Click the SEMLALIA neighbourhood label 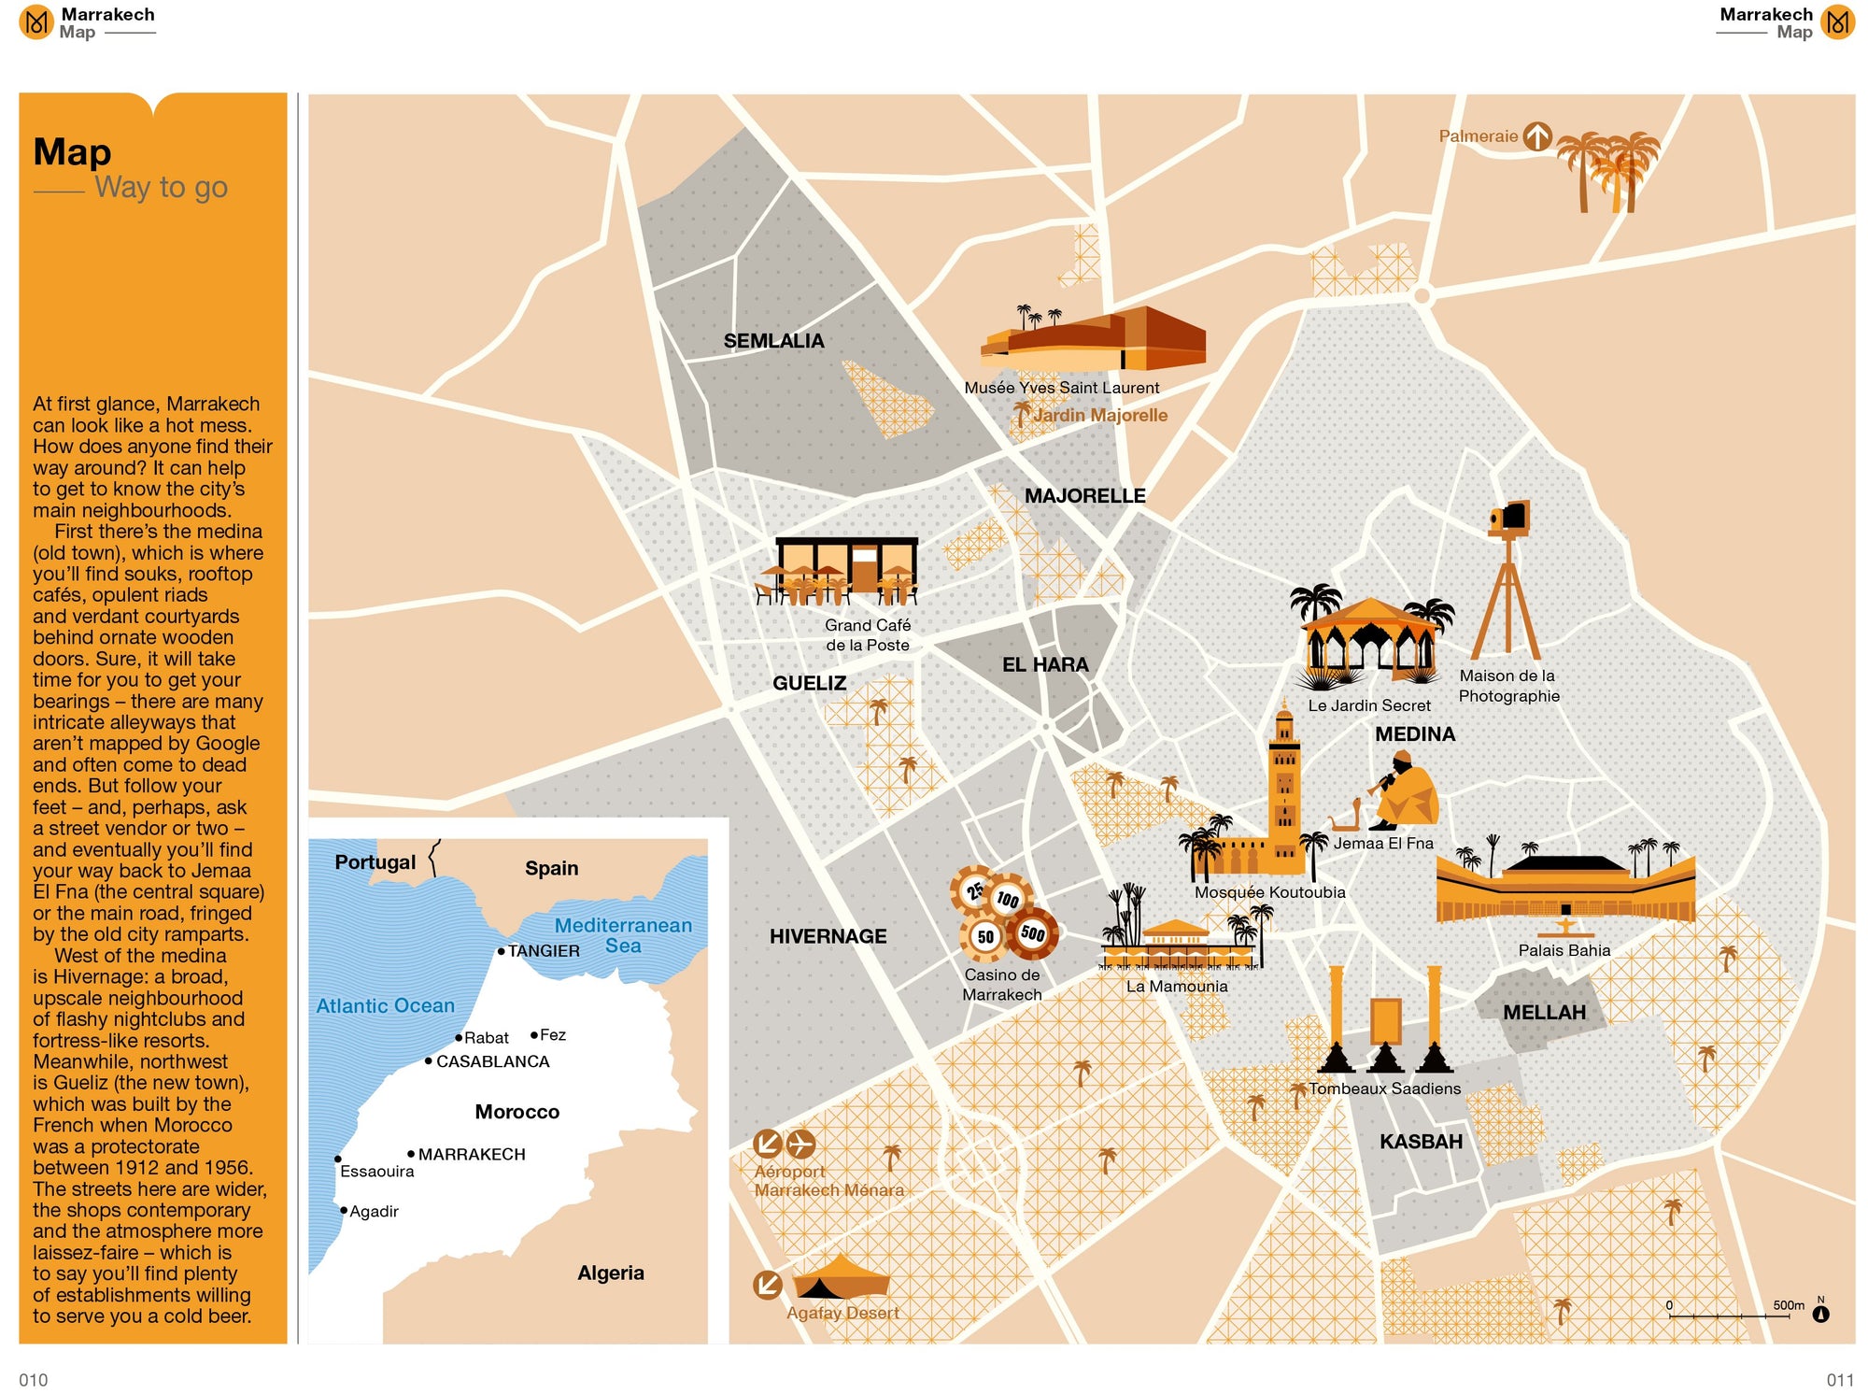(x=773, y=341)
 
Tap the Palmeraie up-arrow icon (x=1536, y=136)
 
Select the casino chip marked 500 (x=1033, y=932)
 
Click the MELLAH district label (x=1544, y=1012)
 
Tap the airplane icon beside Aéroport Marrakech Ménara (x=800, y=1143)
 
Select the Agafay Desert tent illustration (x=839, y=1278)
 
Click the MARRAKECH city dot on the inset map (x=411, y=1154)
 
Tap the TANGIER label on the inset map (x=544, y=951)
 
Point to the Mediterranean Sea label (x=623, y=934)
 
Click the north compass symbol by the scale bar (x=1820, y=1313)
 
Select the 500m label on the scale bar (x=1788, y=1305)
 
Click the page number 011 (x=1839, y=1380)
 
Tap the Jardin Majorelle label (x=1100, y=415)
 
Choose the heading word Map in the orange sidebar (x=72, y=152)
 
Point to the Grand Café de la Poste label (x=867, y=634)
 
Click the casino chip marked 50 (x=984, y=936)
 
